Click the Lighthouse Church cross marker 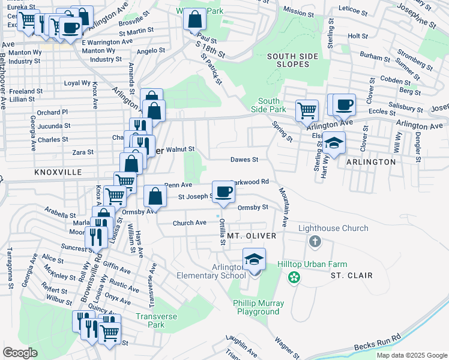pos(314,241)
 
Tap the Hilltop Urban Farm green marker pos(294,277)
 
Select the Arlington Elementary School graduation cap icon pos(254,260)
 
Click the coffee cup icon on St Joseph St pos(223,192)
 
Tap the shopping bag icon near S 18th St pos(194,20)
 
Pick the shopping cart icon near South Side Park pos(307,110)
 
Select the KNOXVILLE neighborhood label pos(58,172)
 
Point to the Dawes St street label pos(244,160)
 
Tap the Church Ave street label pos(189,223)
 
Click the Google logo pos(20,353)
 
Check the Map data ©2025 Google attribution pos(411,355)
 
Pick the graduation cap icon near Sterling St pos(334,143)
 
